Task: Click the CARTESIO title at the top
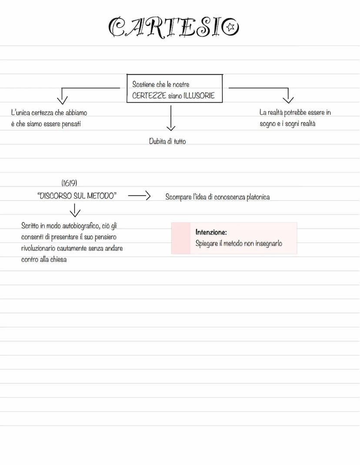click(173, 27)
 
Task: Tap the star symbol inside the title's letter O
click(230, 28)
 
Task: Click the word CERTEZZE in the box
click(149, 96)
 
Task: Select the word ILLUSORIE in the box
click(200, 96)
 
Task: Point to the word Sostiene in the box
click(143, 84)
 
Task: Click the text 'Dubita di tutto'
click(167, 141)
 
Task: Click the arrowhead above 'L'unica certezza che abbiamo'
click(63, 100)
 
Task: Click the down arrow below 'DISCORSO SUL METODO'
click(75, 211)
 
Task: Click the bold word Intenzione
click(211, 232)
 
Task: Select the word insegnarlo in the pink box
click(268, 244)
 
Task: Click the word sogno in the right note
click(268, 124)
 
